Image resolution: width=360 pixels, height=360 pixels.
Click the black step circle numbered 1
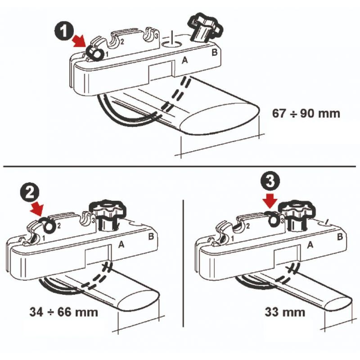tap(64, 31)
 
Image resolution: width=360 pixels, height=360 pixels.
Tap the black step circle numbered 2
tap(29, 192)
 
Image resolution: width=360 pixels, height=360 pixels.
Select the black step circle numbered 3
tap(270, 181)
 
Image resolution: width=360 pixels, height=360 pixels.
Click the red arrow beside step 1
tap(80, 42)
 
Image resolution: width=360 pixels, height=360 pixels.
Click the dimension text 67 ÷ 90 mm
tap(306, 113)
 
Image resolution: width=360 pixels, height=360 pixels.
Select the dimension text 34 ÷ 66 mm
tap(63, 312)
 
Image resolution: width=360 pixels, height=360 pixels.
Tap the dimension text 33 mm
tap(285, 312)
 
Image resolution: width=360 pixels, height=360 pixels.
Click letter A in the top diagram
tap(184, 60)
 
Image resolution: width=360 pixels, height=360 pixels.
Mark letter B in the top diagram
tap(214, 52)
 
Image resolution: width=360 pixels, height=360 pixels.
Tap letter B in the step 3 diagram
tap(340, 237)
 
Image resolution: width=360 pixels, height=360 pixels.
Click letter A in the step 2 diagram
tap(121, 245)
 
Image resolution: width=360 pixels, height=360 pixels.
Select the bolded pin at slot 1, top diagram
tap(95, 53)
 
